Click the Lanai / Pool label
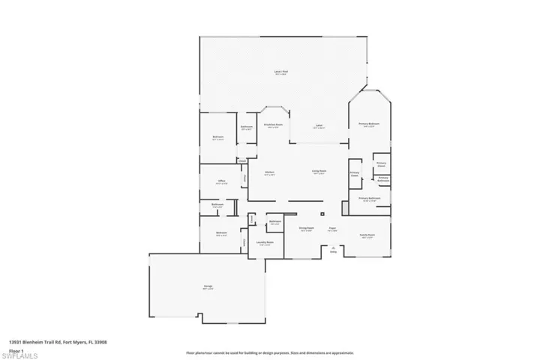(281, 73)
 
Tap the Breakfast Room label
(273, 125)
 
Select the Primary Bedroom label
(369, 124)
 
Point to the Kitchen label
(269, 172)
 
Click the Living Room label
(319, 172)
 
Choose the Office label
(221, 181)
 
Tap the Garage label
(208, 287)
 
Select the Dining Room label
(306, 229)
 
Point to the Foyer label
(331, 229)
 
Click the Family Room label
(367, 235)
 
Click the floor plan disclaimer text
(269, 352)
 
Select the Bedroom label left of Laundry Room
(221, 234)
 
